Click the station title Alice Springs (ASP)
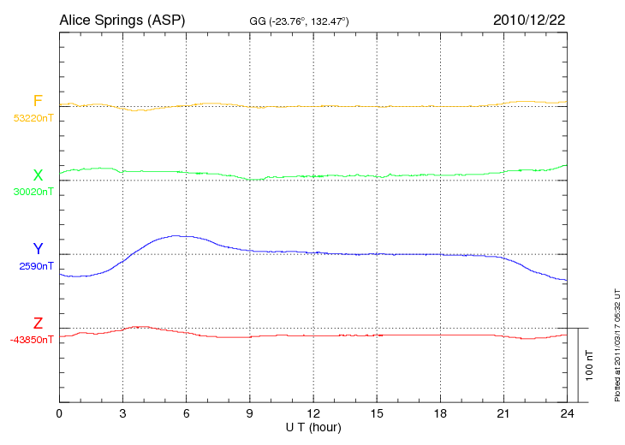(x=122, y=20)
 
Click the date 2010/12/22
(x=529, y=20)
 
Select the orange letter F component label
(x=38, y=102)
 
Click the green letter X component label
(x=38, y=176)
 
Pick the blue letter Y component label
(x=38, y=250)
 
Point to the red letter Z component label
(x=38, y=323)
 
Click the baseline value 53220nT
(x=33, y=118)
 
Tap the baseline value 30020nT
(x=33, y=192)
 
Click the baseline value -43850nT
(x=32, y=340)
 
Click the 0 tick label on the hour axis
(x=59, y=413)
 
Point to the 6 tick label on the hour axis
(x=187, y=413)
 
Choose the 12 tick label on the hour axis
(x=313, y=413)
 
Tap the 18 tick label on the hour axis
(x=440, y=413)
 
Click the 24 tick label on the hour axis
(x=567, y=413)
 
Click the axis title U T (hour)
(x=313, y=427)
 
